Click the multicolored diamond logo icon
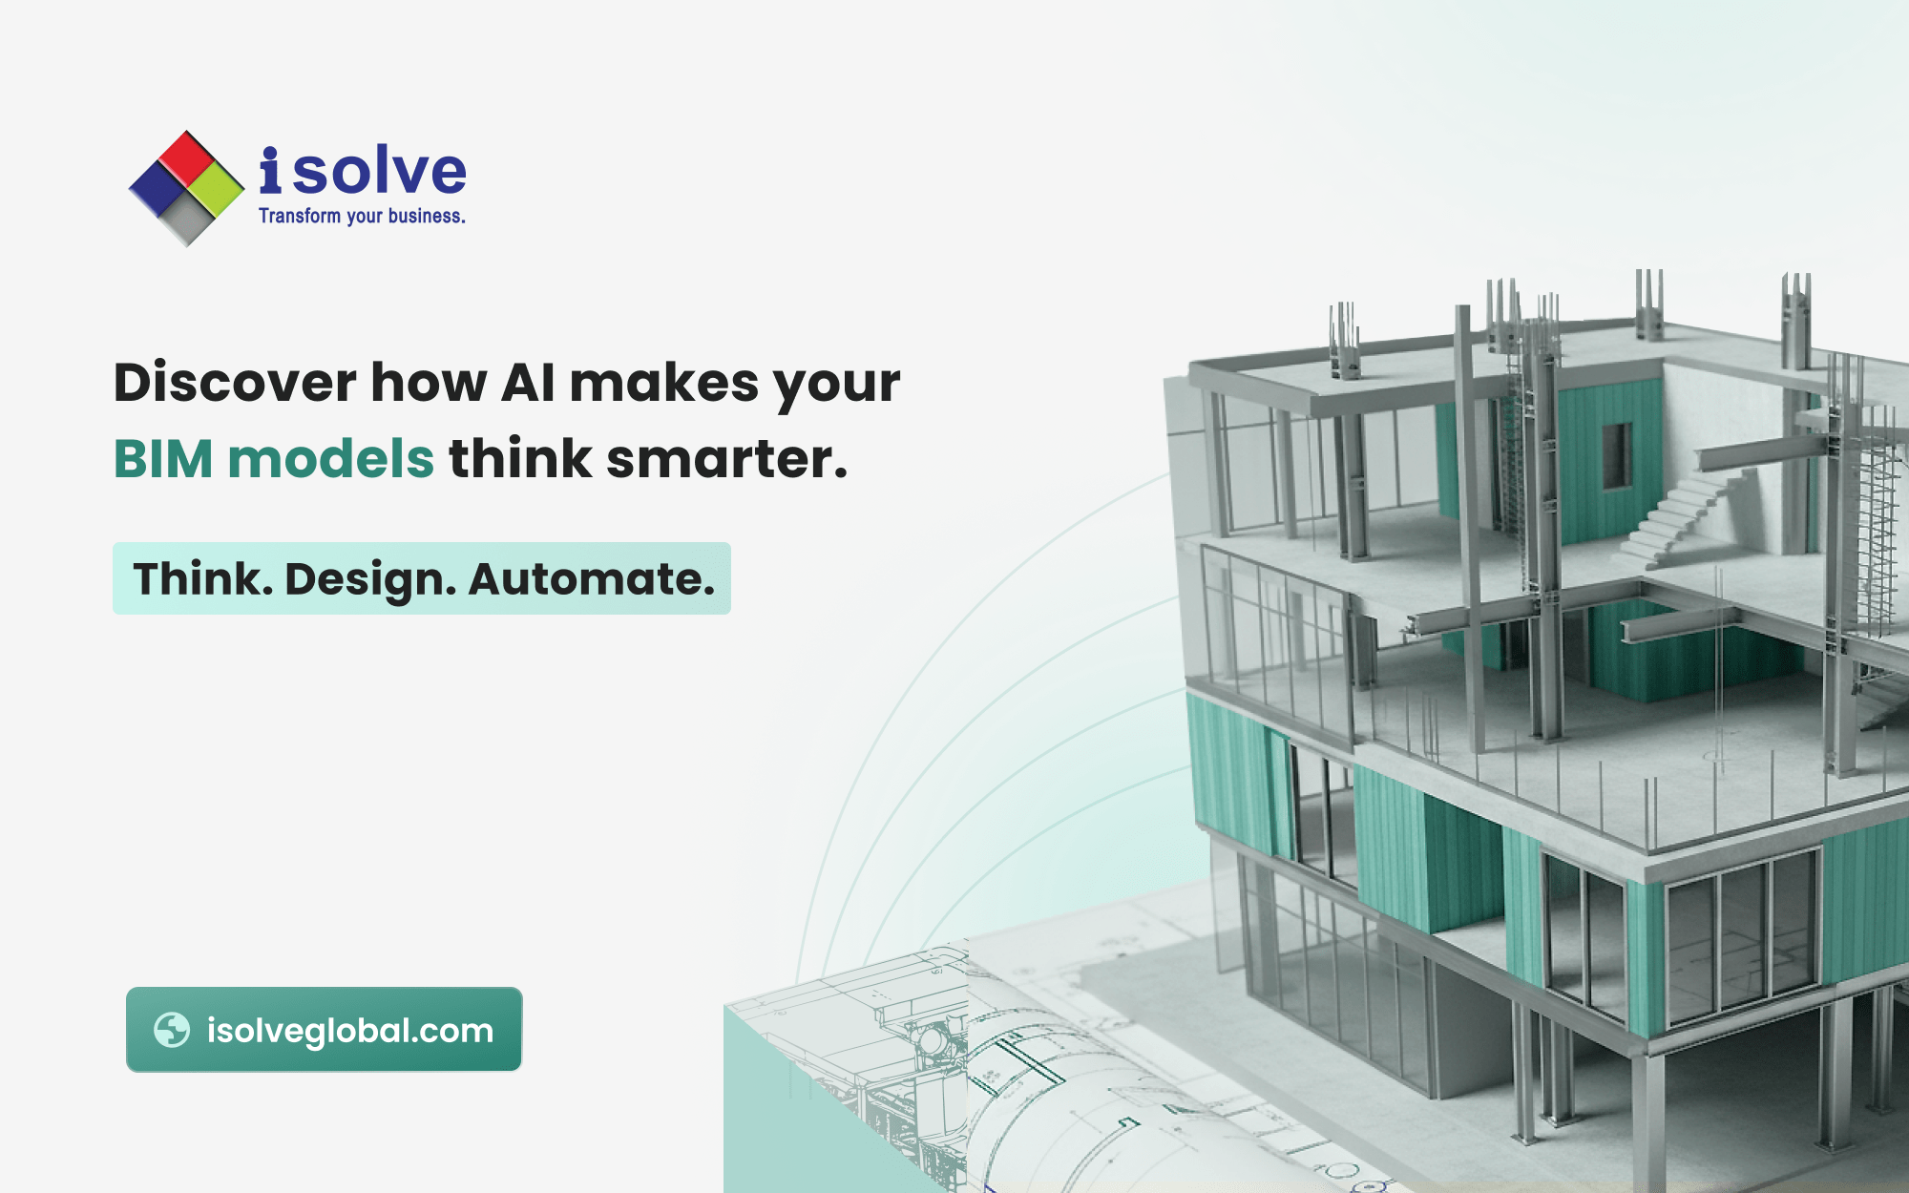pos(186,188)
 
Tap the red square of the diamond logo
pos(187,157)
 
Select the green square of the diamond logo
pos(216,188)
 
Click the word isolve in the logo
pos(363,172)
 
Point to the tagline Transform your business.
pos(362,217)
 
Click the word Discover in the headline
pos(235,383)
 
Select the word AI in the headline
pos(528,383)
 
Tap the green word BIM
pos(163,459)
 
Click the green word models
pos(330,459)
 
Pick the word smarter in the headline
pos(726,459)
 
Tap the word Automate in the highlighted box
pos(591,579)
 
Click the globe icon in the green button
pos(172,1030)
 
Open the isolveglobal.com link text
pos(350,1031)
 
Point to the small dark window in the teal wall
pos(1615,455)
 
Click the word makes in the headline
pos(664,383)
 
